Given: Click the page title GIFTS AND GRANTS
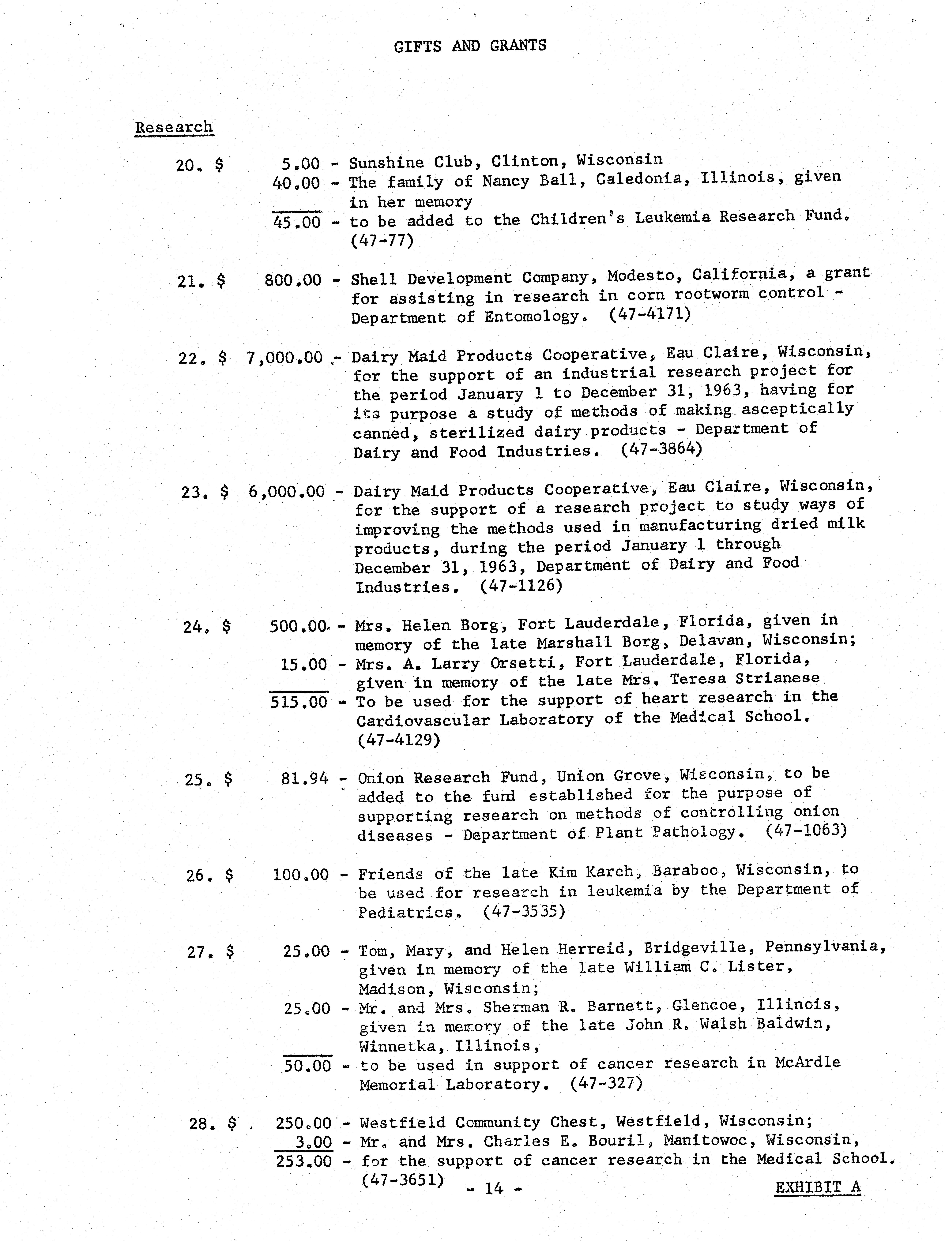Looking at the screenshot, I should (470, 46).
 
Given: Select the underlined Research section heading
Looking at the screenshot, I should (174, 127).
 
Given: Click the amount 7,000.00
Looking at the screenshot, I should (285, 358).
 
